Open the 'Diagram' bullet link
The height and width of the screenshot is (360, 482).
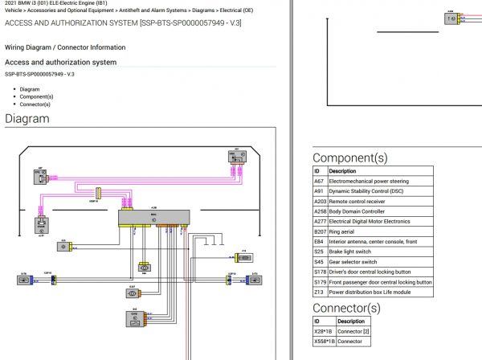[x=30, y=89]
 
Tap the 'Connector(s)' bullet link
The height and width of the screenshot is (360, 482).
[x=36, y=104]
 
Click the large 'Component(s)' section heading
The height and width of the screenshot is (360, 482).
[x=349, y=158]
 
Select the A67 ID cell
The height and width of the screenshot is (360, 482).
[x=319, y=182]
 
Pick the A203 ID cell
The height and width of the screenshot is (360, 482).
[x=320, y=202]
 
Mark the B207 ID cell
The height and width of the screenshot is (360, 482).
[x=320, y=231]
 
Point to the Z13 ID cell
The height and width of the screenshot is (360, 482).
[x=319, y=292]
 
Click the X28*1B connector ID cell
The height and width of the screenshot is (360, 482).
[x=323, y=331]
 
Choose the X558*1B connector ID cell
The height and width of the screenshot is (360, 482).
[x=325, y=342]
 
